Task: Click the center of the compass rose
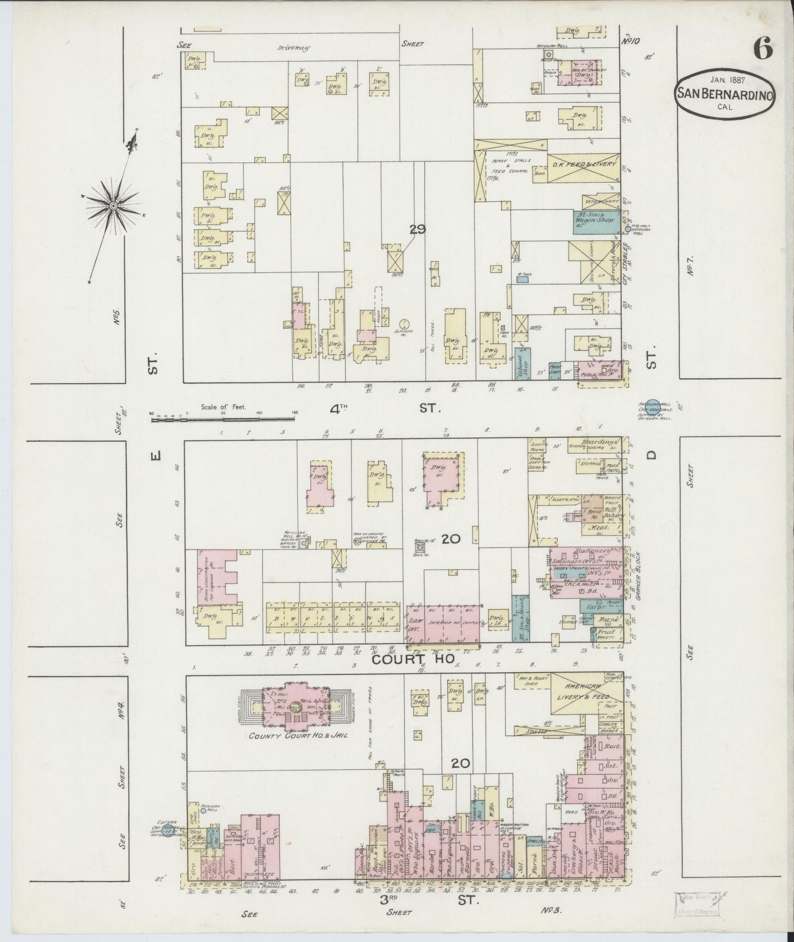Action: (113, 206)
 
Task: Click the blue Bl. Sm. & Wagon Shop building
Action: (595, 223)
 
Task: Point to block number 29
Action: (418, 230)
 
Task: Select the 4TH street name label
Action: (340, 408)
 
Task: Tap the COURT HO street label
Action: (413, 660)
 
